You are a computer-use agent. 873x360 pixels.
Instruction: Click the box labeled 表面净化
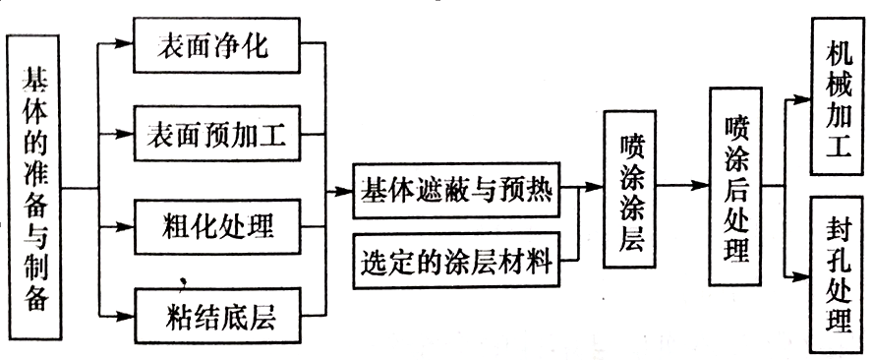pyautogui.click(x=216, y=45)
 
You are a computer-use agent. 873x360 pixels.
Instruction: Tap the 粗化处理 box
pyautogui.click(x=216, y=227)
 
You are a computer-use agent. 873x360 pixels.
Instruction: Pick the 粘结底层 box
pyautogui.click(x=216, y=317)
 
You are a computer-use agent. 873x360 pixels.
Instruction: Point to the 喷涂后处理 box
pyautogui.click(x=735, y=186)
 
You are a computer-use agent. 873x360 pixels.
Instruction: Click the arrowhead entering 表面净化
pyautogui.click(x=125, y=45)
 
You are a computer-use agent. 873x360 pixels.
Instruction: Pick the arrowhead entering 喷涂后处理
pyautogui.click(x=701, y=186)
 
